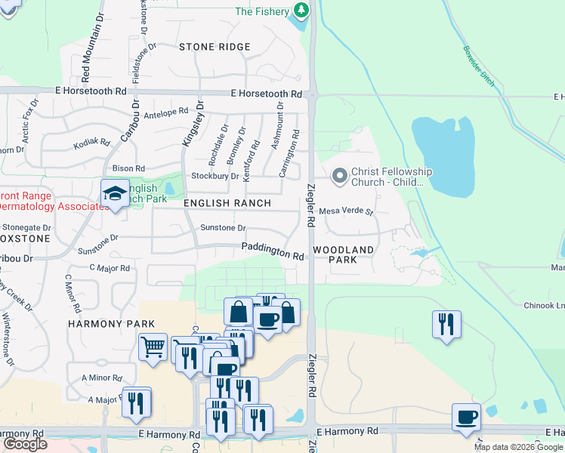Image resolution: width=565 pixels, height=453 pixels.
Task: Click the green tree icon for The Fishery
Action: tap(301, 10)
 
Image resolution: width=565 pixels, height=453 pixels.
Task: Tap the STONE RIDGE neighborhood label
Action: tap(215, 47)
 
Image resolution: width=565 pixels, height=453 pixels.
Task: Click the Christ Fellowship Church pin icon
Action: tap(339, 177)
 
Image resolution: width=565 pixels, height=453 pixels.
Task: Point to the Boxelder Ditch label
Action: tap(479, 67)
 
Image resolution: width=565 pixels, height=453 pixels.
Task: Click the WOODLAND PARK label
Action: tap(344, 254)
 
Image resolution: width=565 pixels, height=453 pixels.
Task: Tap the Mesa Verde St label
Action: tap(346, 212)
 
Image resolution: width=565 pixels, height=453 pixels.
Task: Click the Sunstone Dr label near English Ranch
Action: tap(223, 227)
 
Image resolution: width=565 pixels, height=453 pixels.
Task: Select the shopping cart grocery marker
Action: tap(153, 347)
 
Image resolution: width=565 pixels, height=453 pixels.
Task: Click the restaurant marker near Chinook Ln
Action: tap(446, 324)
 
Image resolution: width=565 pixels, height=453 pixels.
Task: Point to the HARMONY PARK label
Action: tap(112, 324)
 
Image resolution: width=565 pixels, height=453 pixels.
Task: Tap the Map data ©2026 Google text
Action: tap(518, 447)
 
